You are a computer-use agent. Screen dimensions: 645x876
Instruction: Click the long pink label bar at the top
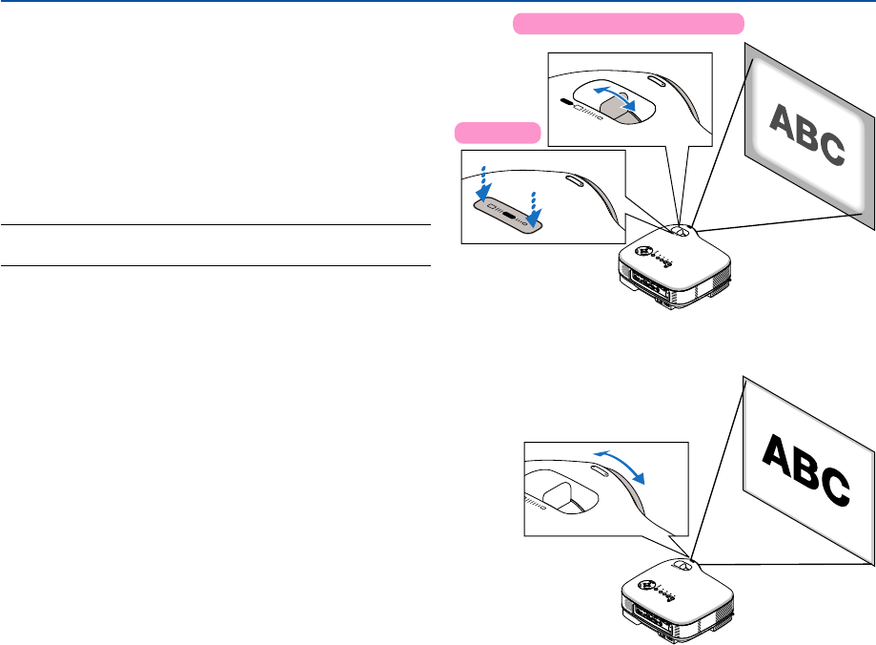(628, 24)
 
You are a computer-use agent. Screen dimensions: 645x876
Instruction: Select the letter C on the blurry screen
(829, 150)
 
